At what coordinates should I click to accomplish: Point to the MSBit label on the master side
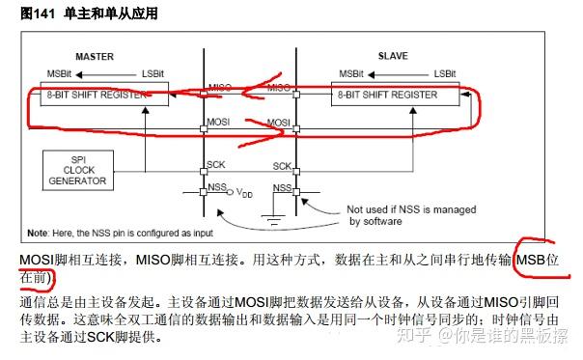coord(59,73)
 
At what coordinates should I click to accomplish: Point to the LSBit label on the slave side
coord(444,73)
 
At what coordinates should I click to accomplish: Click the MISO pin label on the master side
coord(220,88)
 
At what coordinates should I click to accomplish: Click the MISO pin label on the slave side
coord(280,88)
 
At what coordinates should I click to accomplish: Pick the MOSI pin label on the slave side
coord(280,123)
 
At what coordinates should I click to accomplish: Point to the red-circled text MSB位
coord(537,261)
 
